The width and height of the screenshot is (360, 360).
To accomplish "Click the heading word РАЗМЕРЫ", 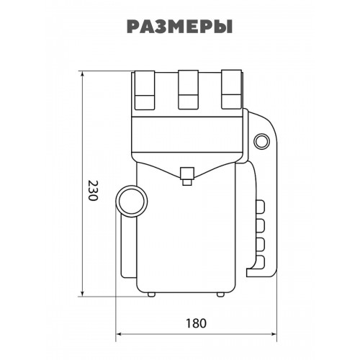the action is pyautogui.click(x=179, y=27).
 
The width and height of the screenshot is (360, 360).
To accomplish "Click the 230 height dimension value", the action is pyautogui.click(x=92, y=191).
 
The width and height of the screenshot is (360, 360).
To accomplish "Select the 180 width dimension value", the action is pyautogui.click(x=197, y=323).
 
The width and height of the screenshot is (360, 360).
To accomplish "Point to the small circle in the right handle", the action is pyautogui.click(x=262, y=141).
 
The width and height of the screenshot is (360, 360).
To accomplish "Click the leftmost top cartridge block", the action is pyautogui.click(x=145, y=90).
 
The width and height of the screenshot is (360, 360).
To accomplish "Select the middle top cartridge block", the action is pyautogui.click(x=188, y=89).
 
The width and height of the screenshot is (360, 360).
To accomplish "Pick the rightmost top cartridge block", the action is pyautogui.click(x=231, y=89).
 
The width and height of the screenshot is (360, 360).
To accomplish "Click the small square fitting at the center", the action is pyautogui.click(x=187, y=176).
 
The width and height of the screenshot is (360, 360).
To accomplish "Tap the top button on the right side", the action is pyautogui.click(x=261, y=207).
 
